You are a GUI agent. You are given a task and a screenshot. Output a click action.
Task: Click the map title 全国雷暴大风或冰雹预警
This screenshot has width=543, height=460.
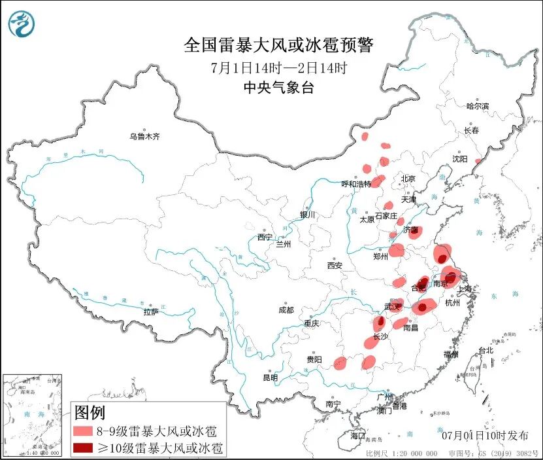[278, 44]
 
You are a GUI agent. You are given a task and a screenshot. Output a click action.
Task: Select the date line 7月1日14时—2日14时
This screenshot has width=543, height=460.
[278, 67]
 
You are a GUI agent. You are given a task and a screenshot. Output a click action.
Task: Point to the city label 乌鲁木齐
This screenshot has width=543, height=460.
[144, 137]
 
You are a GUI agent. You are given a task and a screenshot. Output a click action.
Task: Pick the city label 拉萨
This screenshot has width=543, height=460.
[151, 312]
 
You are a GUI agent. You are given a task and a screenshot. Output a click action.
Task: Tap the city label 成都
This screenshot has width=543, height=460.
[286, 310]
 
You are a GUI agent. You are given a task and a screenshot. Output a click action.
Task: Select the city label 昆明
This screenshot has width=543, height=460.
[270, 378]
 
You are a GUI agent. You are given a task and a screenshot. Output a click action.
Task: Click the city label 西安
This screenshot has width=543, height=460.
[335, 266]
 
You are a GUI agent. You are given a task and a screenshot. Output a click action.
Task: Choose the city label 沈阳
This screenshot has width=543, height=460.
[460, 159]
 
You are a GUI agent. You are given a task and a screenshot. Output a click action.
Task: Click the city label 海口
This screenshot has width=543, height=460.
[357, 435]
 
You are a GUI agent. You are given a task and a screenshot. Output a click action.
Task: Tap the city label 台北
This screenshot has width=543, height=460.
[485, 350]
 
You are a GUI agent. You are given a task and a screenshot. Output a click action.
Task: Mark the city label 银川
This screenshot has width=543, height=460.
[307, 215]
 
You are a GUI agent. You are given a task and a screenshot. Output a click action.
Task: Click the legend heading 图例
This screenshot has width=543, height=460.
[90, 414]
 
